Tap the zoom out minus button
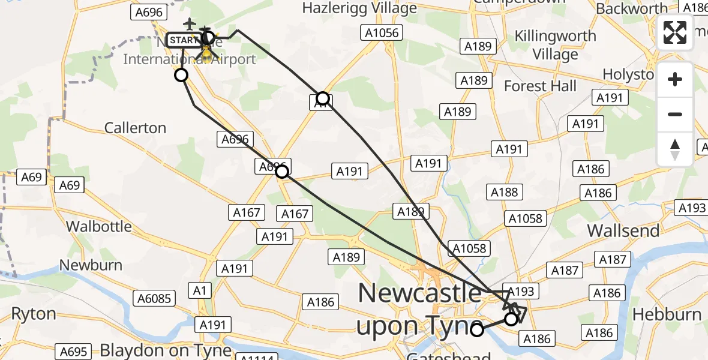click(675, 114)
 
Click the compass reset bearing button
click(675, 149)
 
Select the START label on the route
click(182, 40)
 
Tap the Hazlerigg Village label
click(359, 8)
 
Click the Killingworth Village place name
click(556, 45)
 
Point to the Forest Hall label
click(540, 86)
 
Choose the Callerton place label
click(135, 128)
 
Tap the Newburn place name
click(91, 265)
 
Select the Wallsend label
click(623, 230)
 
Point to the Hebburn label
click(667, 314)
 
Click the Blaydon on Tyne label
click(166, 350)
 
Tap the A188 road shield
click(504, 192)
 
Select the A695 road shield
click(74, 352)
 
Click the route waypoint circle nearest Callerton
click(181, 75)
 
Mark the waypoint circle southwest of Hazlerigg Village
click(323, 98)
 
